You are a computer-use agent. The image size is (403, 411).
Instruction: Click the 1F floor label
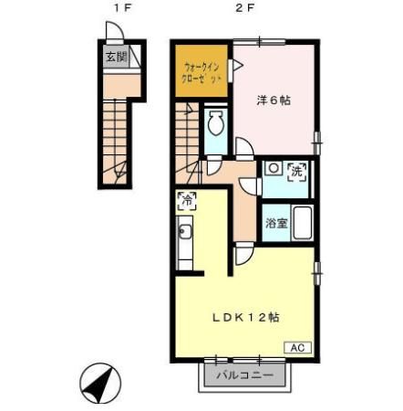pos(116,9)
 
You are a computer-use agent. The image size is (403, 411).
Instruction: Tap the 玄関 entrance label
pos(115,58)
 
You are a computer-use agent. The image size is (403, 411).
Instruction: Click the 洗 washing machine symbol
pos(296,170)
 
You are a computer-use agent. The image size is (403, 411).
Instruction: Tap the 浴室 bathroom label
pos(274,222)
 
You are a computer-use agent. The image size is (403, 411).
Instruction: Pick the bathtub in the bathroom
pos(303,223)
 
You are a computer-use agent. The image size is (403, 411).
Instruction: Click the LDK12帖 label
pos(245,318)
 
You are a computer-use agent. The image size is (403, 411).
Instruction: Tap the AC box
pos(299,347)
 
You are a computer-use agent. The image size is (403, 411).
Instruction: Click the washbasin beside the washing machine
pos(273,169)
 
